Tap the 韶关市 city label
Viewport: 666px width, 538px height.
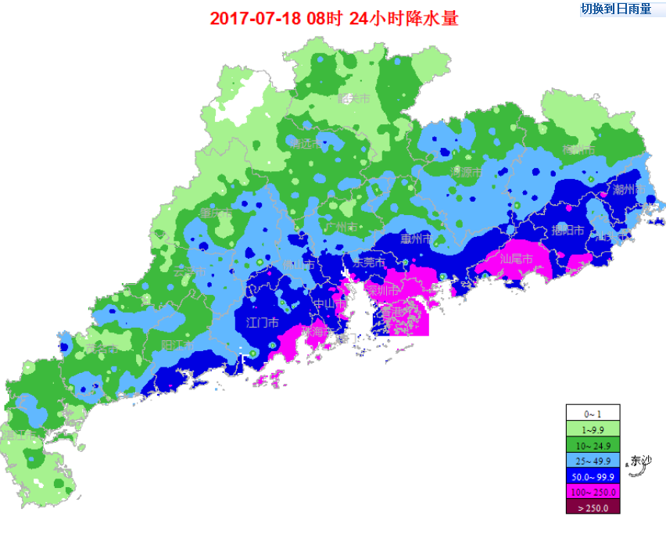tap(353, 99)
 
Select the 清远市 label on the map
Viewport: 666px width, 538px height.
tap(305, 144)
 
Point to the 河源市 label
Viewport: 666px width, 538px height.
tap(466, 171)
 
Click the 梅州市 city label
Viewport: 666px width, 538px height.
tap(578, 149)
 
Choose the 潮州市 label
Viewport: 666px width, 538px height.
tap(628, 189)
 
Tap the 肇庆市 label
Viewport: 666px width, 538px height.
tap(216, 213)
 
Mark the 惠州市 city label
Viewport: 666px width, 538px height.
tap(415, 239)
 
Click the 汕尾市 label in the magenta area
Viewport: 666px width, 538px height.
tap(517, 259)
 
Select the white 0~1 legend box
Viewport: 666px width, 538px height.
tap(593, 413)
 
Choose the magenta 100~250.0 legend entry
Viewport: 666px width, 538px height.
tap(593, 491)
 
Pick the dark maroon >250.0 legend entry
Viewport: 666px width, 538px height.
tap(593, 507)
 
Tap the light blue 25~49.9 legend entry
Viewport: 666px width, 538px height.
tap(593, 460)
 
